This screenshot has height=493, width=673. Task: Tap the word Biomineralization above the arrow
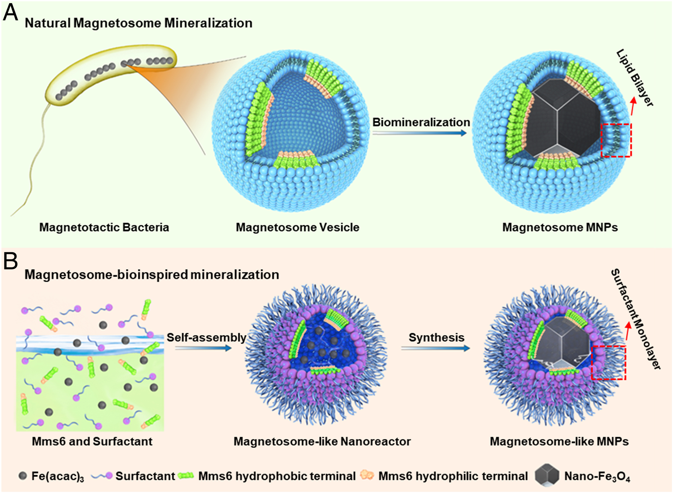(x=421, y=122)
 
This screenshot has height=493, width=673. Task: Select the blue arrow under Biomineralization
(x=419, y=133)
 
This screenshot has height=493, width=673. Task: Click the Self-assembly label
(x=207, y=337)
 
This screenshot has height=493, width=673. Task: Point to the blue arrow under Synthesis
(x=435, y=348)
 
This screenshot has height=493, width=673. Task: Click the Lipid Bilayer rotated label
(x=635, y=78)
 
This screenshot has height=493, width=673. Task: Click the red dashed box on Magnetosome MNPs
(x=616, y=140)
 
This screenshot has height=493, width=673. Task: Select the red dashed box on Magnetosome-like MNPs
(x=608, y=363)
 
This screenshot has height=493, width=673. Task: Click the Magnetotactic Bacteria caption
(x=104, y=227)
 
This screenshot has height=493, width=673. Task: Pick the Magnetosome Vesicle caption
(x=297, y=227)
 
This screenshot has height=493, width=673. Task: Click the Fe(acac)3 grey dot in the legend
(x=23, y=476)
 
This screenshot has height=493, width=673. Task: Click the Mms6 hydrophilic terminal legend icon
(x=367, y=475)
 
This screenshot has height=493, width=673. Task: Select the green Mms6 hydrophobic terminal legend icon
(x=186, y=476)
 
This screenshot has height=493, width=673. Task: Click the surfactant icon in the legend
(x=102, y=476)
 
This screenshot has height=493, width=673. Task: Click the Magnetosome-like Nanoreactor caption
(x=322, y=441)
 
